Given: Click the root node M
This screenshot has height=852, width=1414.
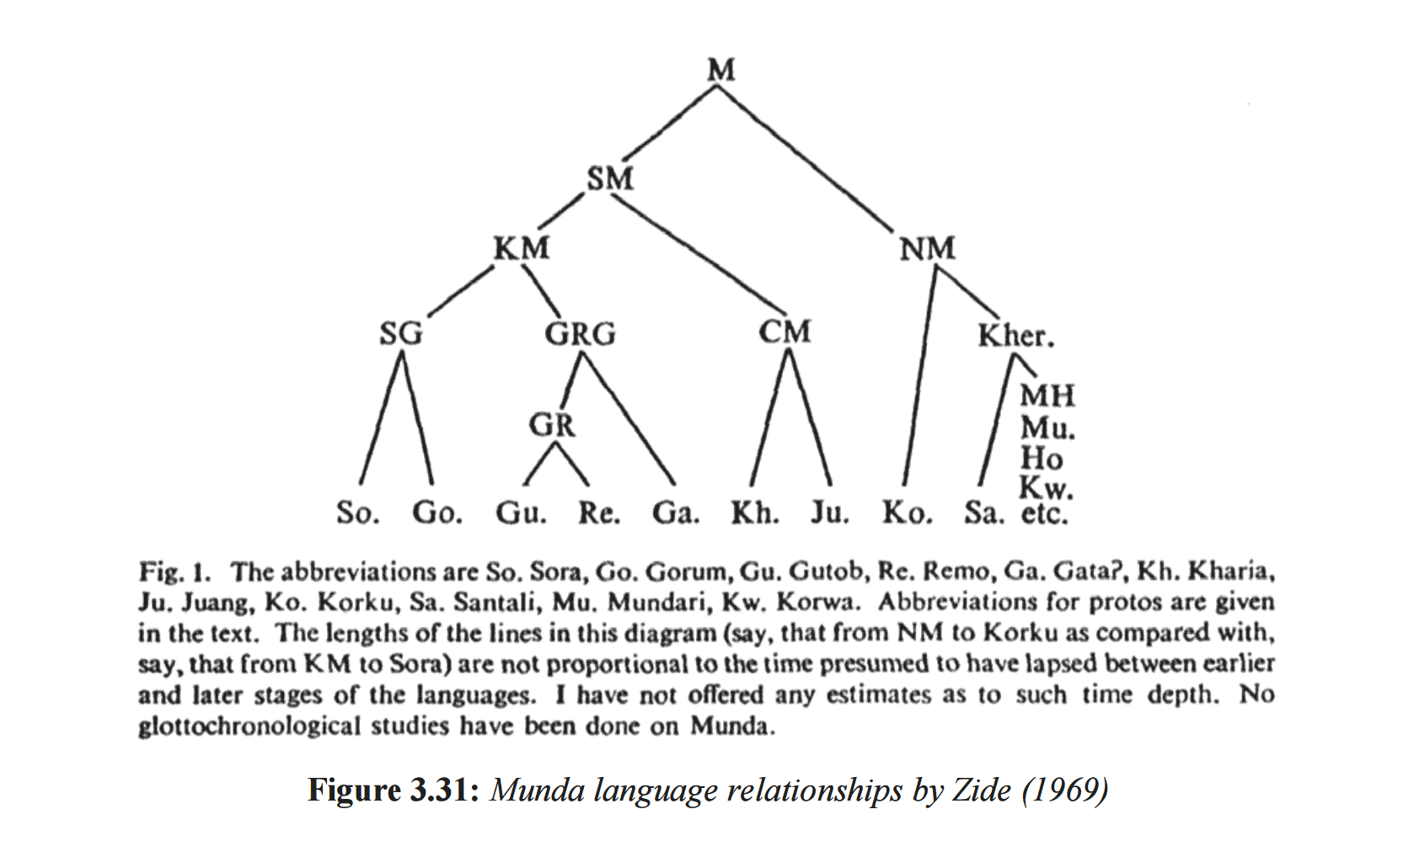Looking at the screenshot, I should click(x=721, y=69).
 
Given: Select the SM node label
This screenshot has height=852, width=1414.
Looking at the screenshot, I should click(x=610, y=179).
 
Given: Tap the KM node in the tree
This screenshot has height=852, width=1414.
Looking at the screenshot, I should click(x=522, y=248).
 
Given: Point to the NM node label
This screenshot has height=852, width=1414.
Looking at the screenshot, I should click(x=927, y=248).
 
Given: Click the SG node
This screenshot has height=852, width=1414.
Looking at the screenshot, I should click(x=401, y=334).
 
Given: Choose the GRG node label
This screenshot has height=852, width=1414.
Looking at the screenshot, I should click(x=580, y=334).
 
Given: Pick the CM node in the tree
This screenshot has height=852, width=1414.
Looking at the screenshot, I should click(x=785, y=331).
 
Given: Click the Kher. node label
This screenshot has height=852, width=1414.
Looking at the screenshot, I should click(x=1015, y=335).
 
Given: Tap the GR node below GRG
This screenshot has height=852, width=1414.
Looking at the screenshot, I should click(x=552, y=425).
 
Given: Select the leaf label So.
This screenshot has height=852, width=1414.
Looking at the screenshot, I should click(x=357, y=512).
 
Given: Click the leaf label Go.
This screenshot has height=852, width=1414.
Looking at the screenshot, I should click(x=437, y=512).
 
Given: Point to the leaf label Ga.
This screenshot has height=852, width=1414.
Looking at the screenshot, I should click(x=676, y=512).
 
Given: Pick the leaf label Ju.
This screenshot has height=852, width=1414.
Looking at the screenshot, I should click(x=830, y=512).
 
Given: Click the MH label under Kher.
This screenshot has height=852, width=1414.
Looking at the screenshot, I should click(x=1047, y=395).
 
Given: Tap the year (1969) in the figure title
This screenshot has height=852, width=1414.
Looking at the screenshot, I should click(x=1065, y=790).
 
